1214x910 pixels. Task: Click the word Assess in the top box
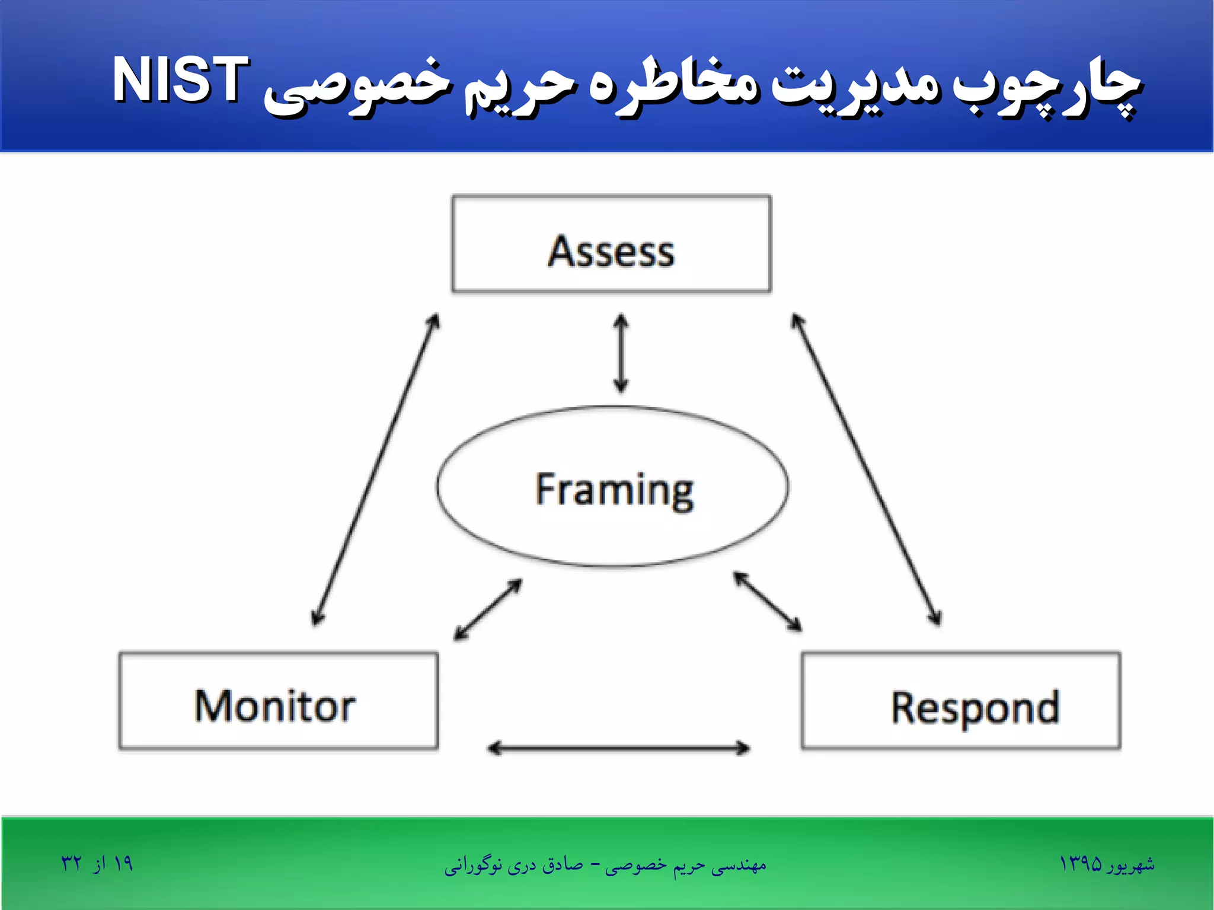tap(611, 252)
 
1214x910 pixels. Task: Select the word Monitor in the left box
tap(275, 706)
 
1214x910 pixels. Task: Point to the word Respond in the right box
tap(975, 708)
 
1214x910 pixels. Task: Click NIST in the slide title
tap(180, 80)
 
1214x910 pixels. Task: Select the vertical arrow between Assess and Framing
tap(621, 353)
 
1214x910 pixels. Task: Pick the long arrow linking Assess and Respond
tap(866, 470)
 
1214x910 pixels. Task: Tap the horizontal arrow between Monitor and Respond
tap(618, 748)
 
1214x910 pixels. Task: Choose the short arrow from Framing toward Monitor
tap(487, 609)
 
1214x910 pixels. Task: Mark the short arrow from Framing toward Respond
tap(768, 602)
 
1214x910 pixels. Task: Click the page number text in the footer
tap(97, 864)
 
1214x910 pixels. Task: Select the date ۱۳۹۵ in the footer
tap(1080, 864)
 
